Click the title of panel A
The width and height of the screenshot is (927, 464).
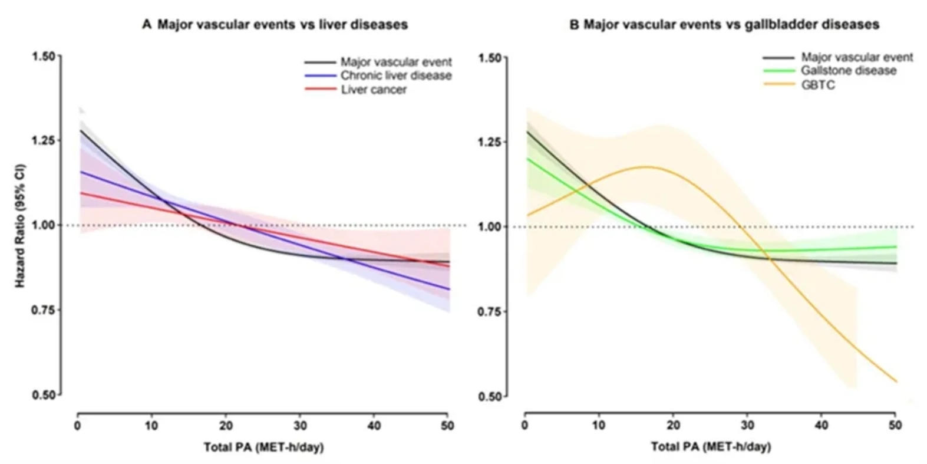tap(275, 24)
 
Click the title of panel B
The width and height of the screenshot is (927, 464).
tap(724, 24)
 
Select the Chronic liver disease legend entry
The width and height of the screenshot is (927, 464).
tap(395, 75)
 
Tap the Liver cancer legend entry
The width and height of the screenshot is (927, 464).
tap(374, 90)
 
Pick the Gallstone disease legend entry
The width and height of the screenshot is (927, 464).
tap(848, 71)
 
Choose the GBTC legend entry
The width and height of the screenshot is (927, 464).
tap(817, 85)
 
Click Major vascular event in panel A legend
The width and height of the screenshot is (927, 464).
tap(395, 61)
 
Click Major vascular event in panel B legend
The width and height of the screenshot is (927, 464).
tap(856, 57)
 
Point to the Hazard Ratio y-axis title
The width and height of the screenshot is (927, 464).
tap(20, 226)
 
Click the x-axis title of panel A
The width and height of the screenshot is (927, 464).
tap(263, 447)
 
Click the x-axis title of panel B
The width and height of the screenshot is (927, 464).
tap(710, 447)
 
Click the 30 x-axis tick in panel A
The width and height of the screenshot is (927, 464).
tap(300, 425)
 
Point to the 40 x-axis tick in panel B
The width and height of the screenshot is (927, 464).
tap(821, 425)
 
